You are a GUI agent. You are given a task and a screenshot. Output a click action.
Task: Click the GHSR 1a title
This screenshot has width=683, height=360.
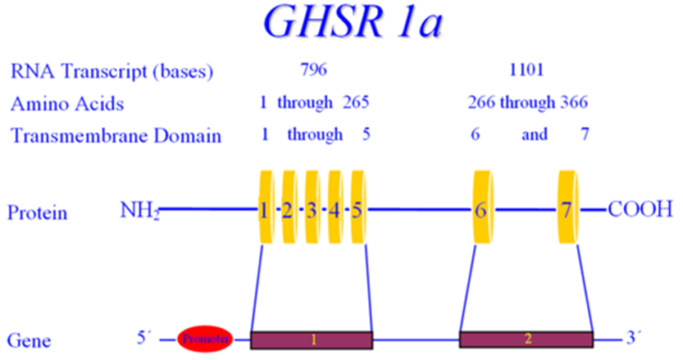click(x=353, y=21)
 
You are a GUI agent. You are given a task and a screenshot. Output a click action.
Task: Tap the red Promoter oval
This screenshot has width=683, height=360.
click(x=205, y=339)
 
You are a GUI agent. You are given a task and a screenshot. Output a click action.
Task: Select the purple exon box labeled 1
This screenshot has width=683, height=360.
click(x=311, y=340)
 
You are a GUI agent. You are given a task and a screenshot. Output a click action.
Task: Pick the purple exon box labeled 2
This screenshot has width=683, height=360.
click(x=526, y=339)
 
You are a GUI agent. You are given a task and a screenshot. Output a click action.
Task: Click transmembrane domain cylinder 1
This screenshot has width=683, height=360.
click(x=266, y=207)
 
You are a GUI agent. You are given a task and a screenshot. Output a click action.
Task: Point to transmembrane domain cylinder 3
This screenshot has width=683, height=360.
click(x=312, y=207)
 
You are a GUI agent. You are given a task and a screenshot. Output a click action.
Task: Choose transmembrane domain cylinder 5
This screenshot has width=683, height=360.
click(x=358, y=207)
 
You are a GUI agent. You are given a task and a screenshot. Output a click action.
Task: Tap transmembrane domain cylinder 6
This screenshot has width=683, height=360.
click(x=483, y=207)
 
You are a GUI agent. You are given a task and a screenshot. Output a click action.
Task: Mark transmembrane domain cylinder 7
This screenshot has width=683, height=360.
click(x=568, y=207)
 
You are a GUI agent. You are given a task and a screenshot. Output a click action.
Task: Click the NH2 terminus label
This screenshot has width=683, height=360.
click(x=140, y=211)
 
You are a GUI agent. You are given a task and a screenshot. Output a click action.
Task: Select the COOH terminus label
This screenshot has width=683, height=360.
click(x=640, y=210)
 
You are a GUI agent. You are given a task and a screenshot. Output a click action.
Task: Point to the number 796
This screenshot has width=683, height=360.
click(x=314, y=69)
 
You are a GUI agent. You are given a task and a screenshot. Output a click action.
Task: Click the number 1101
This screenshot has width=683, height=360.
click(x=526, y=69)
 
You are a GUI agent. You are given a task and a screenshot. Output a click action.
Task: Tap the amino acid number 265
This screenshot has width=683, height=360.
click(x=356, y=102)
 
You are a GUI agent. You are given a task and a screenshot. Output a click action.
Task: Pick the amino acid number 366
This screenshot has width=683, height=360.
click(x=575, y=102)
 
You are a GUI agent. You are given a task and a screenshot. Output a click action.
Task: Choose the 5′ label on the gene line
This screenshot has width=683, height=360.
click(x=144, y=338)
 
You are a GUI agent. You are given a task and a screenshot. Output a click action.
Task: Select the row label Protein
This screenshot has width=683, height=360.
click(x=37, y=212)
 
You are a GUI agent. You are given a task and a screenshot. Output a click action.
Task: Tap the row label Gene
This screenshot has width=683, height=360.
click(x=28, y=340)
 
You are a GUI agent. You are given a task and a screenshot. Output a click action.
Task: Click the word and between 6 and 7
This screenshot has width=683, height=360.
click(x=534, y=134)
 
